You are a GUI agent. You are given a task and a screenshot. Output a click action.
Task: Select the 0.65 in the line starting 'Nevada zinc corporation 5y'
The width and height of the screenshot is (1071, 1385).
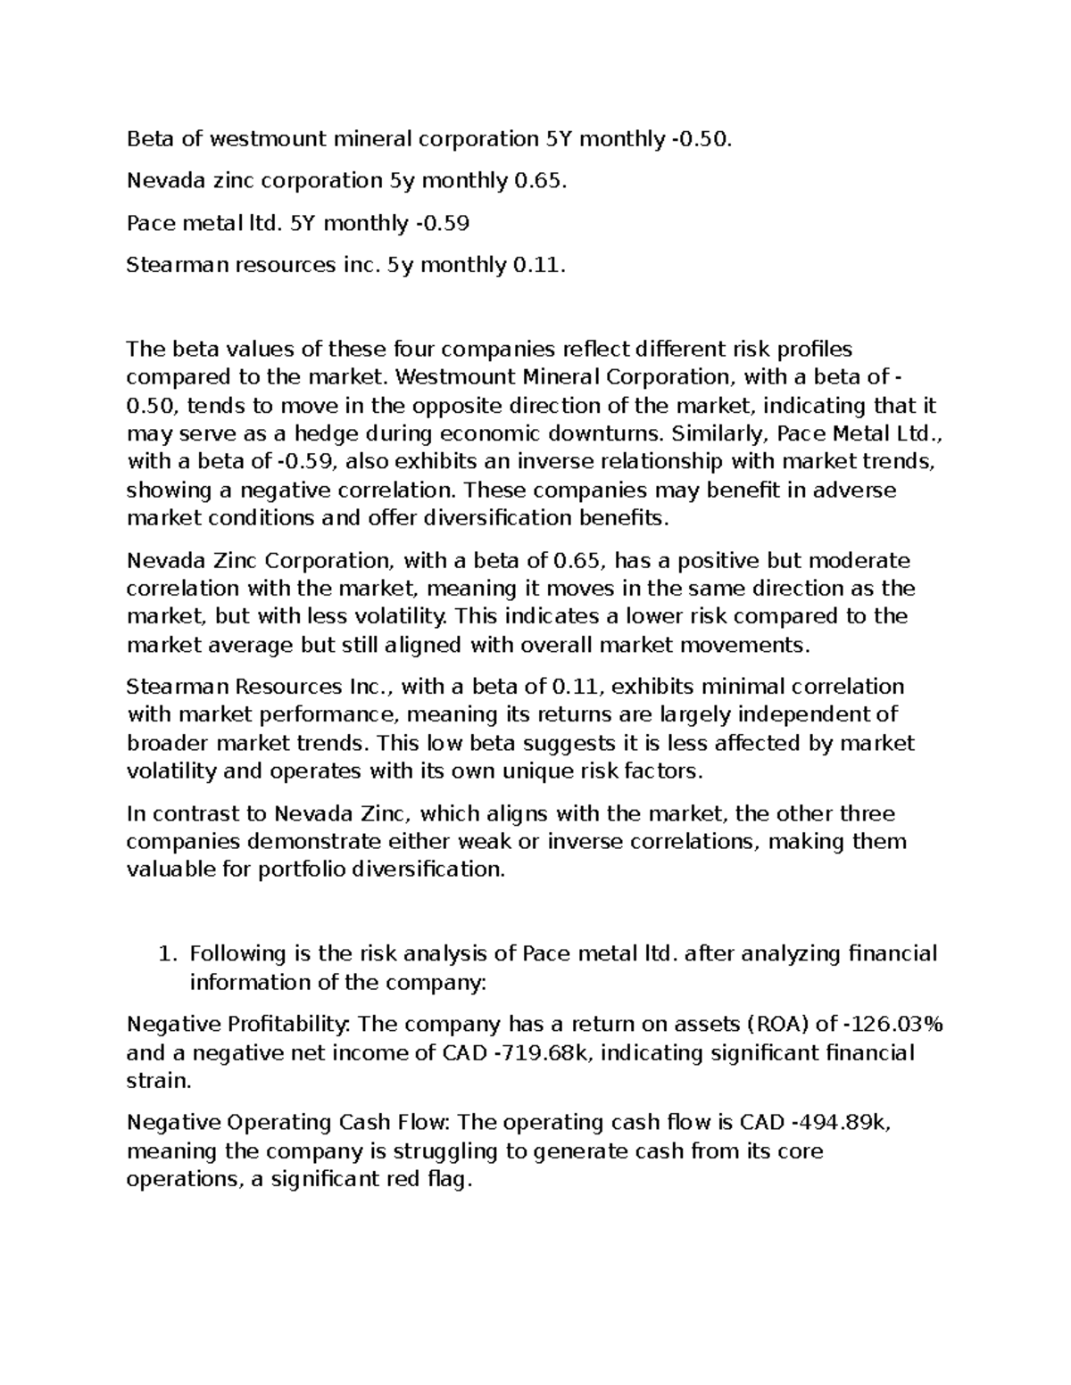tap(539, 181)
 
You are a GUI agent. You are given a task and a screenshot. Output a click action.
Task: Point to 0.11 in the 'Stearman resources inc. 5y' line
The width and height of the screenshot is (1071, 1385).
tap(539, 265)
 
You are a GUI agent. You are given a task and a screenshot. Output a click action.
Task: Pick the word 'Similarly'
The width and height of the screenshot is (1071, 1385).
tap(720, 434)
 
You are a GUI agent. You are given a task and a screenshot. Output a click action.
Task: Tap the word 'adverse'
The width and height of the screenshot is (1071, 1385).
tap(859, 491)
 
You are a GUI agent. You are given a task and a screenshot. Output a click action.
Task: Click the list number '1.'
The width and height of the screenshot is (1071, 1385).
tap(166, 954)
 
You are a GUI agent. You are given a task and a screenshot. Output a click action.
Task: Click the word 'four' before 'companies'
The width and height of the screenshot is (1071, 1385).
tap(413, 350)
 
